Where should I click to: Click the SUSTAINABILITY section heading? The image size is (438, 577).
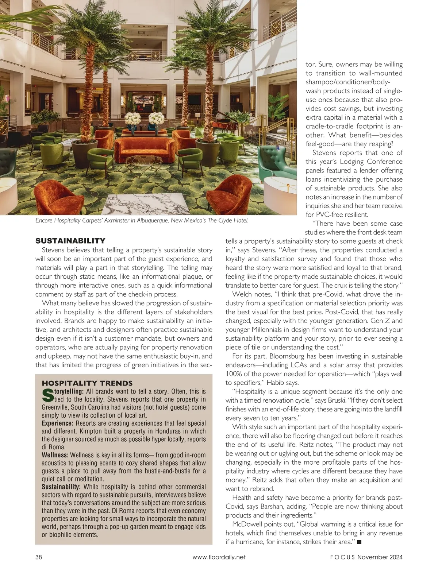[x=70, y=241]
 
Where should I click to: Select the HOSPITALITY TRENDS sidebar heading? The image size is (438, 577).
[x=87, y=383]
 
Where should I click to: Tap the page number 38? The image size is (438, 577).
[x=39, y=557]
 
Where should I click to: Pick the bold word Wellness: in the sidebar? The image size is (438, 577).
[x=55, y=455]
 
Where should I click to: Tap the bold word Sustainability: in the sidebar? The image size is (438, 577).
[x=61, y=487]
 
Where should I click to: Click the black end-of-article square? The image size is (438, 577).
[x=359, y=542]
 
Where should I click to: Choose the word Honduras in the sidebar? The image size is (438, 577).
[x=170, y=431]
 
